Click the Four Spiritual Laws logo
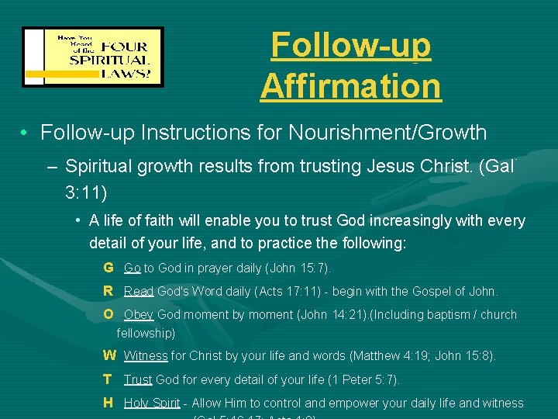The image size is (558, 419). pyautogui.click(x=93, y=57)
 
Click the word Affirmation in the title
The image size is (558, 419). pyautogui.click(x=350, y=85)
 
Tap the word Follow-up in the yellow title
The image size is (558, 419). pyautogui.click(x=350, y=45)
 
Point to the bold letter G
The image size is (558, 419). pyautogui.click(x=108, y=268)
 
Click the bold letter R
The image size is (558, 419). pyautogui.click(x=108, y=291)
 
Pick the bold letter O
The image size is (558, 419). pyautogui.click(x=108, y=314)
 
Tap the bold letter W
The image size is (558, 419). pyautogui.click(x=109, y=355)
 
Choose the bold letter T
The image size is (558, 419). pyautogui.click(x=108, y=379)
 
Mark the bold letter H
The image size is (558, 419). pyautogui.click(x=108, y=403)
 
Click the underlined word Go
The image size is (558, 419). pyautogui.click(x=132, y=268)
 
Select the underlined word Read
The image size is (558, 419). pyautogui.click(x=139, y=292)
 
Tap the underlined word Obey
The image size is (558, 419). pyautogui.click(x=139, y=315)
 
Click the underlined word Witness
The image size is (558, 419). pyautogui.click(x=146, y=356)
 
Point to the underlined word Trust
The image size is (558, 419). pyautogui.click(x=138, y=380)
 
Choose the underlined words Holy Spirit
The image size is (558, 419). pyautogui.click(x=152, y=403)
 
